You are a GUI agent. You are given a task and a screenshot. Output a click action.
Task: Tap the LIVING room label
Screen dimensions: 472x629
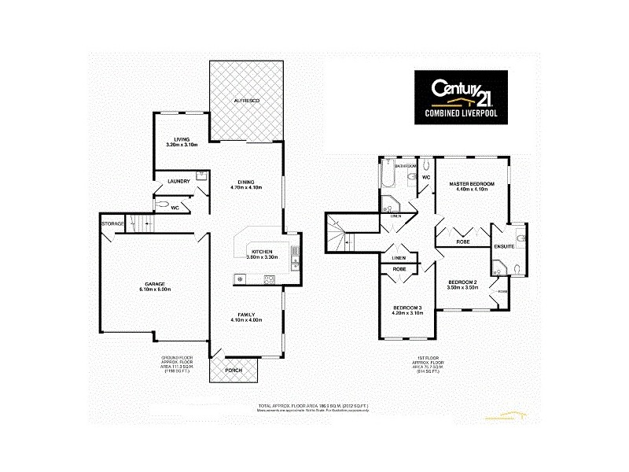pyautogui.click(x=182, y=140)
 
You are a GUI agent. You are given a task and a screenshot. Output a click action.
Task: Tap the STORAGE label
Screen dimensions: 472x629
pyautogui.click(x=112, y=225)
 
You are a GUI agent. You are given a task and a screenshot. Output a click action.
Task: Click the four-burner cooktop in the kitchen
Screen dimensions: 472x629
pyautogui.click(x=268, y=278)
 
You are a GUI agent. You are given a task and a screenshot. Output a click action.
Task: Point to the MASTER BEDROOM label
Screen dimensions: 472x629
pyautogui.click(x=472, y=183)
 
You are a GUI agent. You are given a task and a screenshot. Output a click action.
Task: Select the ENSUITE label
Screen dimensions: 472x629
pyautogui.click(x=504, y=247)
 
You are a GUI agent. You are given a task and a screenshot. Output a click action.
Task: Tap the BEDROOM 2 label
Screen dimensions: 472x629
pyautogui.click(x=463, y=282)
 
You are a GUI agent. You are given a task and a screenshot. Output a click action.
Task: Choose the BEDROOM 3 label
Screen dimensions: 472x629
pyautogui.click(x=409, y=307)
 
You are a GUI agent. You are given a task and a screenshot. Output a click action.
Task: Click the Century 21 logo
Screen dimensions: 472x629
pyautogui.click(x=461, y=98)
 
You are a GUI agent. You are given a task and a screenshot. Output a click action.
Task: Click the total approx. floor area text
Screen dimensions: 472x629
pyautogui.click(x=313, y=406)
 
